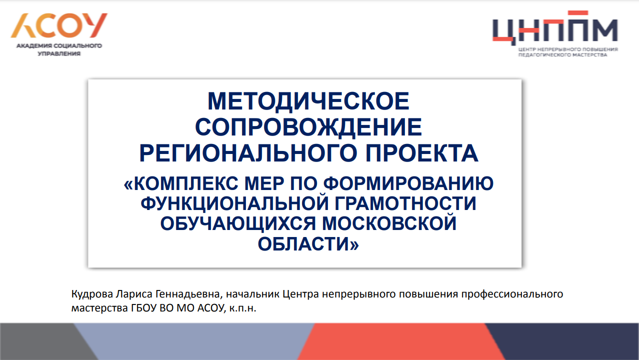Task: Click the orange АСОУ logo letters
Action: pyautogui.click(x=59, y=25)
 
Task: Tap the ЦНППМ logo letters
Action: pyautogui.click(x=555, y=28)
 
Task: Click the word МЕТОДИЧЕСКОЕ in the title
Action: pyautogui.click(x=308, y=101)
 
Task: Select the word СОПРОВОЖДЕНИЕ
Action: pyautogui.click(x=308, y=127)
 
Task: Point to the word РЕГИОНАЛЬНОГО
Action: pyautogui.click(x=248, y=153)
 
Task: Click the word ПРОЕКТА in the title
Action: pyautogui.click(x=422, y=153)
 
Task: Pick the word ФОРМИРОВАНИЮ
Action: pyautogui.click(x=408, y=183)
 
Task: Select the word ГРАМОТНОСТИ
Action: pyautogui.click(x=405, y=203)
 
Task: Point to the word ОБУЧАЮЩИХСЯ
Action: pyautogui.click(x=238, y=223)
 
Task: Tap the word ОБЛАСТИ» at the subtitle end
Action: pyautogui.click(x=308, y=244)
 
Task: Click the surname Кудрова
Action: pyautogui.click(x=92, y=294)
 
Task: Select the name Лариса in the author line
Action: pyautogui.click(x=134, y=294)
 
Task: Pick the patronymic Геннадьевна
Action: pyautogui.click(x=189, y=294)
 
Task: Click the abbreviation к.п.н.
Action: pyautogui.click(x=243, y=308)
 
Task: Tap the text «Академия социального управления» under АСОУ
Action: pyautogui.click(x=59, y=49)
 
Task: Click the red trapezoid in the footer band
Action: pyautogui.click(x=401, y=341)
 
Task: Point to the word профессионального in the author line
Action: pyautogui.click(x=512, y=294)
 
